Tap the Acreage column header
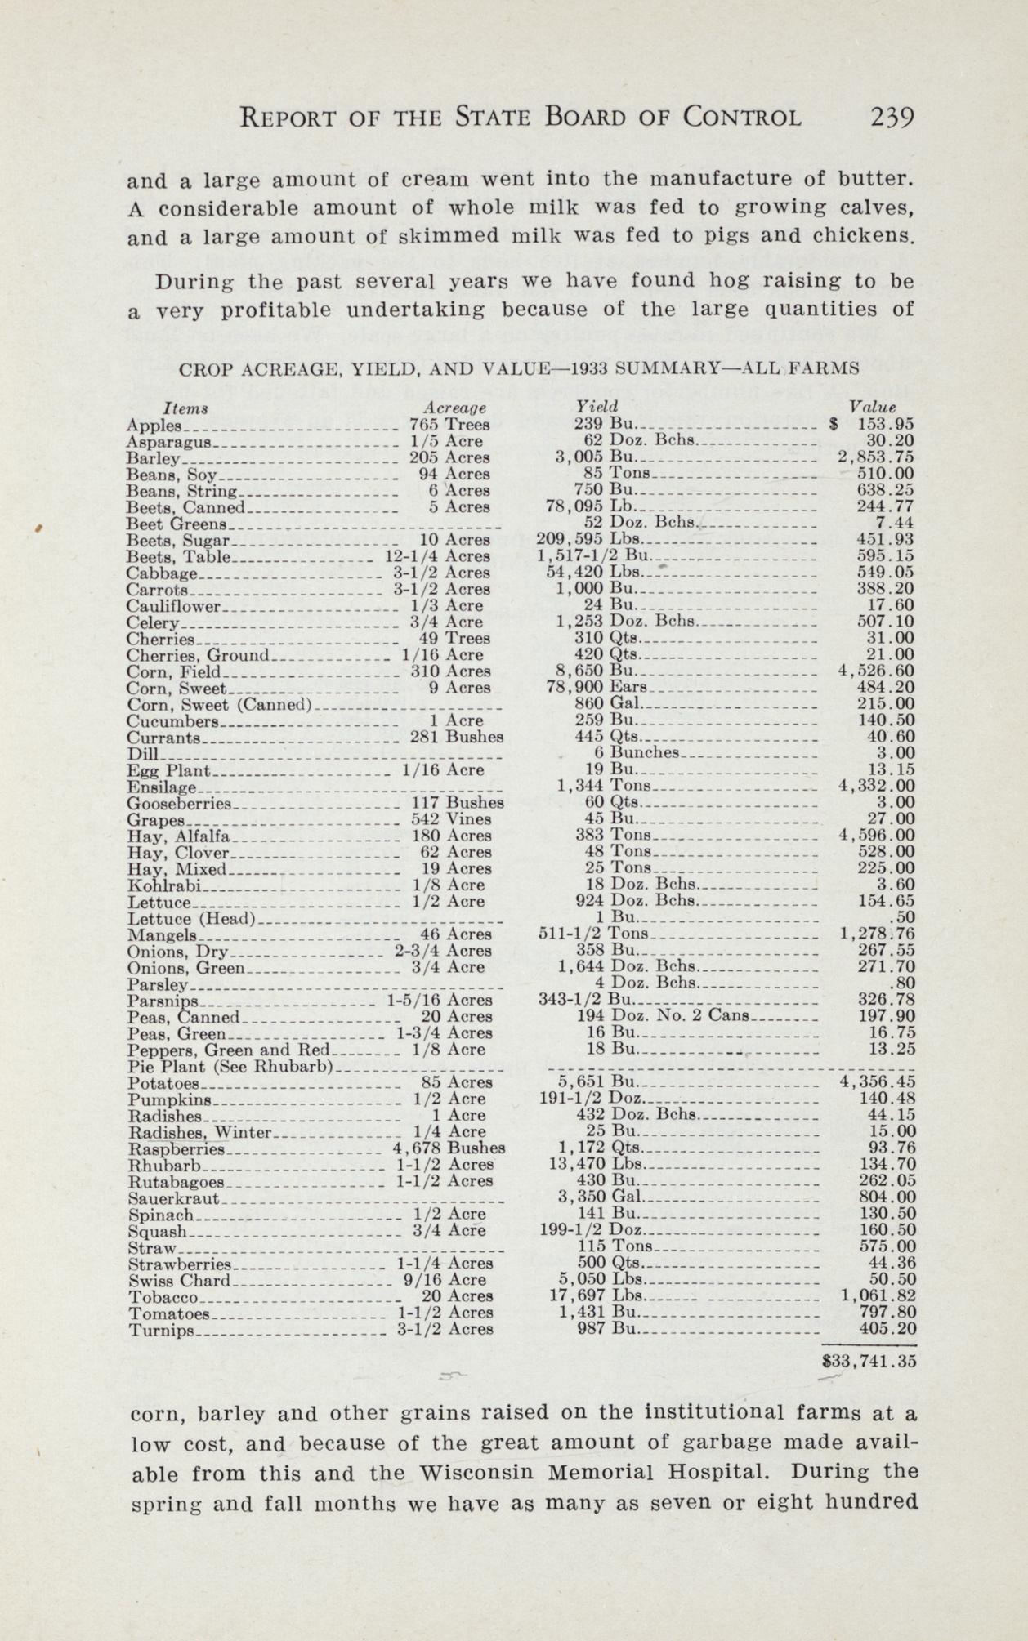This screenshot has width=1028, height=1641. click(x=454, y=407)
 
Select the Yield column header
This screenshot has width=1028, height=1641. click(x=597, y=406)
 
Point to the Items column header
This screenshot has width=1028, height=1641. click(x=185, y=407)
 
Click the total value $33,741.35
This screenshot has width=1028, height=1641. click(x=869, y=1362)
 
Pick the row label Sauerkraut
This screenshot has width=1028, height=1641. click(x=174, y=1198)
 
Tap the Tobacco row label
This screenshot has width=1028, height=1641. click(x=163, y=1296)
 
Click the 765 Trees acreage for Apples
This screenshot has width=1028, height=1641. click(x=449, y=425)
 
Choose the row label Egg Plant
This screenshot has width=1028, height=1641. click(x=169, y=770)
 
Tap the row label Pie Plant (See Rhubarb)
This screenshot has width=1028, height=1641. click(x=230, y=1066)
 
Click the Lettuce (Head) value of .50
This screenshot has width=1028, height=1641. click(x=904, y=918)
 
